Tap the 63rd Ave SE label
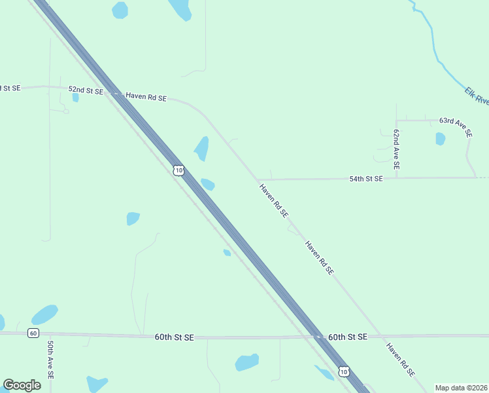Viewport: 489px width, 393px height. [x=456, y=126]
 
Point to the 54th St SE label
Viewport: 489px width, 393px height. [x=366, y=178]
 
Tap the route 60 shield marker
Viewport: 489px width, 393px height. [x=33, y=333]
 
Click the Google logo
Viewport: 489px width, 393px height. [x=22, y=385]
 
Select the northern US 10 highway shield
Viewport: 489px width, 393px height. [x=179, y=170]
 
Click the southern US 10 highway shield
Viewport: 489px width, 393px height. [x=345, y=372]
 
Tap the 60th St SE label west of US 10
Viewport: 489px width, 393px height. [x=175, y=337]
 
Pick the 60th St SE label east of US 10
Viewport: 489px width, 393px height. [x=348, y=337]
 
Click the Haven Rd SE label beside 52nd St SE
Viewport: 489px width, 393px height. [x=146, y=98]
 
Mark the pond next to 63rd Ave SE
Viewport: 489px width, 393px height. [x=440, y=139]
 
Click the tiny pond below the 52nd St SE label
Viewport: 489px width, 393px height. [x=76, y=98]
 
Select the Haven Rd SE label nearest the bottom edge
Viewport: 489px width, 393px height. [x=400, y=360]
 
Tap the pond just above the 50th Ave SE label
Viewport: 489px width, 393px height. [x=44, y=315]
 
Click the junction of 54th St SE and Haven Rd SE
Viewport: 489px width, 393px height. [x=259, y=179]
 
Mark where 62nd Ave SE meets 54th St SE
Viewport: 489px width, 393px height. [x=396, y=178]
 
